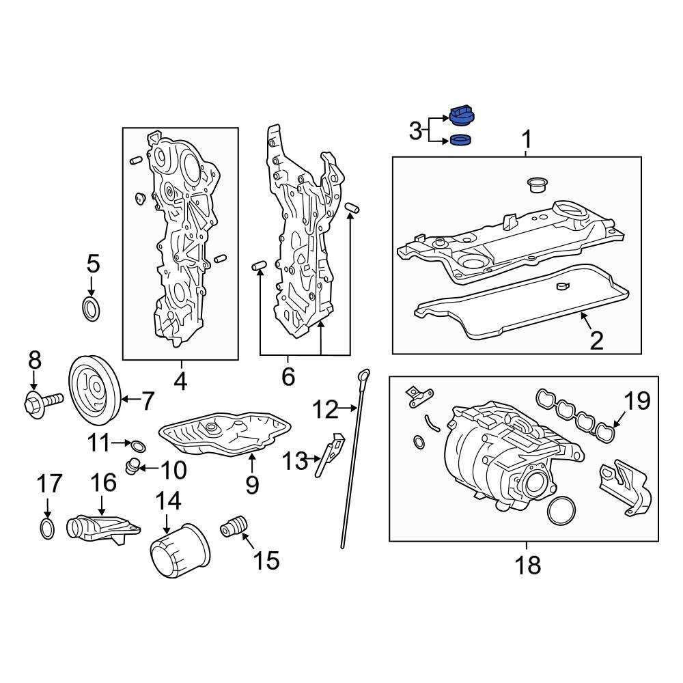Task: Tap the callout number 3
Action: tap(415, 130)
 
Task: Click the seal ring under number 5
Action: tap(91, 309)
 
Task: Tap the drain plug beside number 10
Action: tap(133, 467)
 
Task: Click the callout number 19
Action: tap(637, 402)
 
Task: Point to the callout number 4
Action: tap(180, 380)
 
